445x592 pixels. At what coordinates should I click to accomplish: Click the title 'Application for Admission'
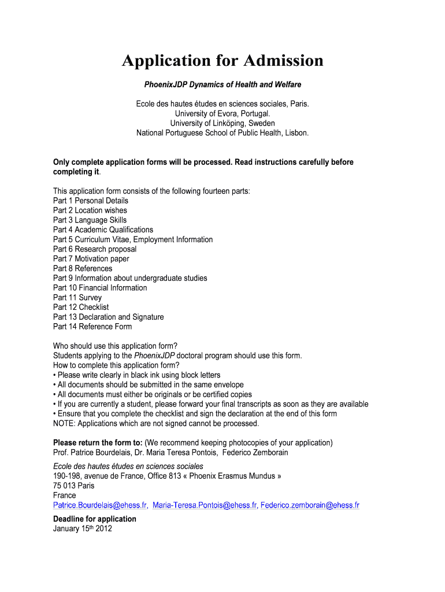click(222, 61)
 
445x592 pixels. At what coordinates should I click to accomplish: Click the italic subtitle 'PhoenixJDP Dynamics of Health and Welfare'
click(222, 85)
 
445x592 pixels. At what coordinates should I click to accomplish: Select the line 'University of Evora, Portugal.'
click(222, 114)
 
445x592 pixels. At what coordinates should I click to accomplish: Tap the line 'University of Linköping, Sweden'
click(222, 123)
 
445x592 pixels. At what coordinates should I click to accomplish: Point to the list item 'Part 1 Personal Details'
click(91, 201)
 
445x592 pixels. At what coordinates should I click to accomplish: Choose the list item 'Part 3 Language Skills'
click(90, 220)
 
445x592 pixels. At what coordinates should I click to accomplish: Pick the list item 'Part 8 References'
click(83, 269)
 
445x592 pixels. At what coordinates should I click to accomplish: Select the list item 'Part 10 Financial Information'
click(100, 288)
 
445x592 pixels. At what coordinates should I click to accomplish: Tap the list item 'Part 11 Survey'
click(77, 298)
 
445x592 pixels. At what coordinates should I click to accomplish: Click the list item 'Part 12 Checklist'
click(81, 308)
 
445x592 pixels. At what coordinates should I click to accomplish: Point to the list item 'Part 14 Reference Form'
click(92, 327)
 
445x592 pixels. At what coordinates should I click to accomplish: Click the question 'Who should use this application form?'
click(115, 346)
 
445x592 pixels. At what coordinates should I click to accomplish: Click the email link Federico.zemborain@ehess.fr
click(310, 505)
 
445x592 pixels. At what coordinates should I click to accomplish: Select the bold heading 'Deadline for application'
click(95, 519)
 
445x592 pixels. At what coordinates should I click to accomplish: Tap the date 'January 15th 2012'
click(83, 529)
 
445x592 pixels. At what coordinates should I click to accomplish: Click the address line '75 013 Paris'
click(74, 486)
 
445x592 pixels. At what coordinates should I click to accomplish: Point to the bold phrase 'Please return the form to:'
click(98, 443)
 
